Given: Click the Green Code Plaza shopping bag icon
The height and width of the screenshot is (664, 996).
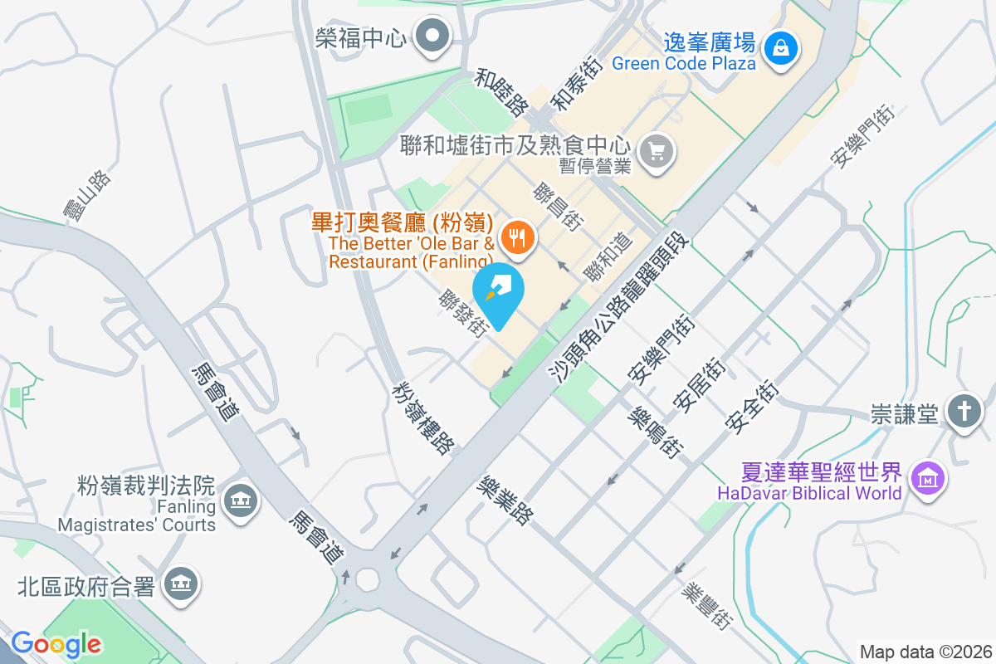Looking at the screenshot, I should click(780, 47).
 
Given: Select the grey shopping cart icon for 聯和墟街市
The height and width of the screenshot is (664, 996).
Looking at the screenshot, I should click(657, 151).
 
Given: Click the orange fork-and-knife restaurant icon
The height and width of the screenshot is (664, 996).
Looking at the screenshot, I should click(518, 237).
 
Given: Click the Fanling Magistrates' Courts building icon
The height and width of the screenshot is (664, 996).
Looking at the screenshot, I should click(241, 500).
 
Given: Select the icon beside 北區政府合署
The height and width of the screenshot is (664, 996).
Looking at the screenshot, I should click(180, 583).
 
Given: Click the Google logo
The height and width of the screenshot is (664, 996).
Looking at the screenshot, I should click(56, 643).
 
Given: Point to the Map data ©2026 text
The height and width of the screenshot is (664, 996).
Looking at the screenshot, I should click(925, 652).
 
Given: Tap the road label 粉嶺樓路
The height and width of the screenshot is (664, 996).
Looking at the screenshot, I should click(424, 418).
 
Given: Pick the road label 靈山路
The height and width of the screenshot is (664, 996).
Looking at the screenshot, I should click(87, 197).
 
